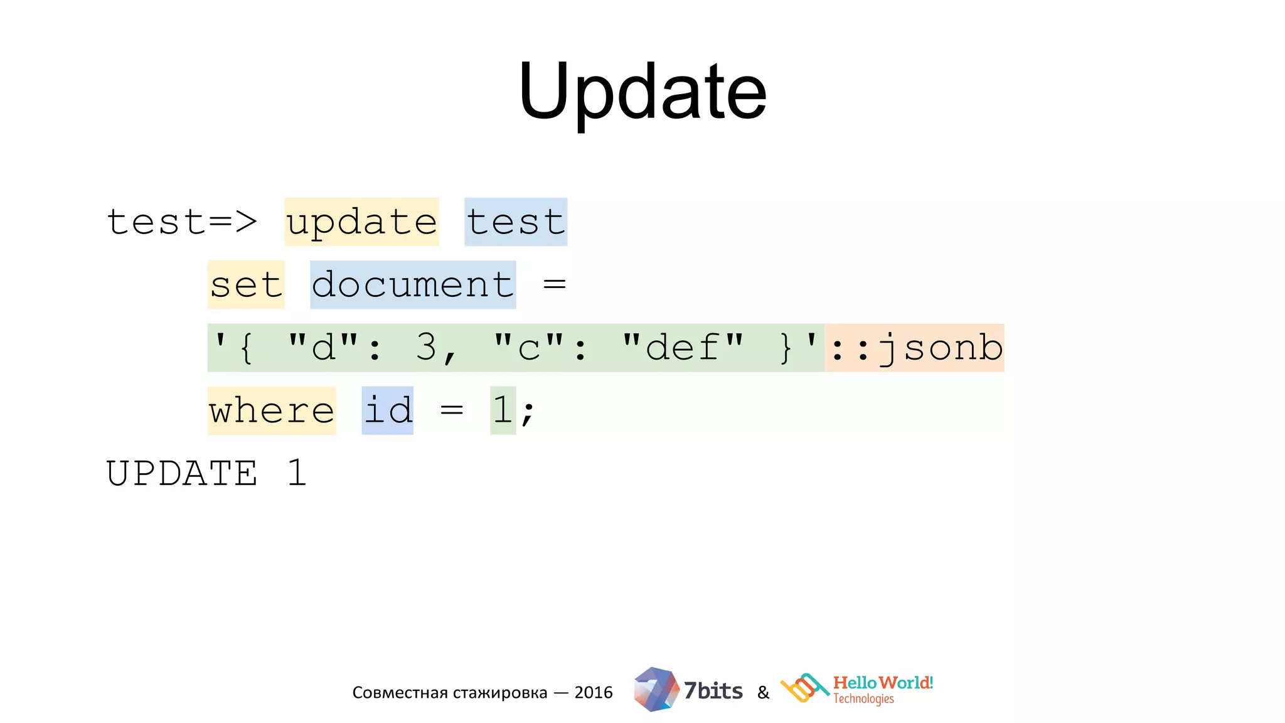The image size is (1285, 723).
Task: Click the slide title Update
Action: [642, 92]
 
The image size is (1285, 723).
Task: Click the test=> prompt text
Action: [182, 222]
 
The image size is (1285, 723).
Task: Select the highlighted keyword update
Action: [361, 222]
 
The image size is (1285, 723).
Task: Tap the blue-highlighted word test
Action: [516, 222]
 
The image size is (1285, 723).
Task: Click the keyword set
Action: [246, 285]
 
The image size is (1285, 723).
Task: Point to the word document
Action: [413, 285]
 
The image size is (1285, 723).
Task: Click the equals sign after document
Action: [555, 284]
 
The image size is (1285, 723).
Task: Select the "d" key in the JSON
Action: [323, 347]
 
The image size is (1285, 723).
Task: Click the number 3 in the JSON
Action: [426, 347]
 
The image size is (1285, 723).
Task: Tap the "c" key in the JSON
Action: [529, 347]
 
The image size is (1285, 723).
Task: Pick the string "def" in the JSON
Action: [682, 347]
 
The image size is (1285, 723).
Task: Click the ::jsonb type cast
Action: [914, 348]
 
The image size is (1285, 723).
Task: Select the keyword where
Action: [272, 410]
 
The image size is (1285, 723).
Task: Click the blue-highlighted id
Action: [387, 410]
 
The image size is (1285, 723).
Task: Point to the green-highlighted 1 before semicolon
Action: [502, 410]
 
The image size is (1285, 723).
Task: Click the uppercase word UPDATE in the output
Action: [182, 473]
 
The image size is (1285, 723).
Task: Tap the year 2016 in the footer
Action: [594, 692]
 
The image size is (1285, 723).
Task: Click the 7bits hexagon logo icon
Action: [656, 689]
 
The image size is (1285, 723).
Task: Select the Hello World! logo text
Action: [882, 683]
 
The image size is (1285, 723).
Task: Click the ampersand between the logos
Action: [763, 693]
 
